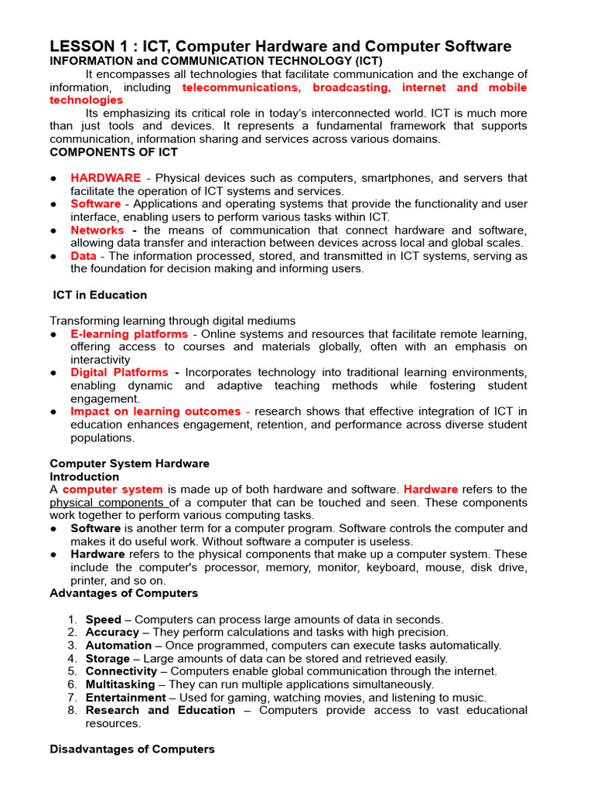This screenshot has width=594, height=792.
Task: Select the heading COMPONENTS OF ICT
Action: coord(114,152)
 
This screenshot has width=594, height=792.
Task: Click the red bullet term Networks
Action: coord(97,230)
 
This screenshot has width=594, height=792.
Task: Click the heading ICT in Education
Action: coord(100,295)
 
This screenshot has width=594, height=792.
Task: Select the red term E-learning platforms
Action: coord(129,334)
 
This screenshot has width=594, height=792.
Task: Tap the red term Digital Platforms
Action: coord(119,373)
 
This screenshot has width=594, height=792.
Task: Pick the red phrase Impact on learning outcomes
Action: coord(155,411)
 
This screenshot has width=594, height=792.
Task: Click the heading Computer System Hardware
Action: coord(129,463)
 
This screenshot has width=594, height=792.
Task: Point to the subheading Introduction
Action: coord(84,476)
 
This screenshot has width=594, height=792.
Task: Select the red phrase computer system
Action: coord(113,490)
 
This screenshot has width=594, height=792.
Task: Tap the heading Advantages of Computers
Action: coord(124,593)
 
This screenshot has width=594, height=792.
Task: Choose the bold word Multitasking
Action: coord(117,684)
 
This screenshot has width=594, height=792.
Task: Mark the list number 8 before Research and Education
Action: coord(72,710)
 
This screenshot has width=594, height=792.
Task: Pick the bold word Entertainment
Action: coord(120,698)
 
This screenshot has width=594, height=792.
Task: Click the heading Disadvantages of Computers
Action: coord(132,749)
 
